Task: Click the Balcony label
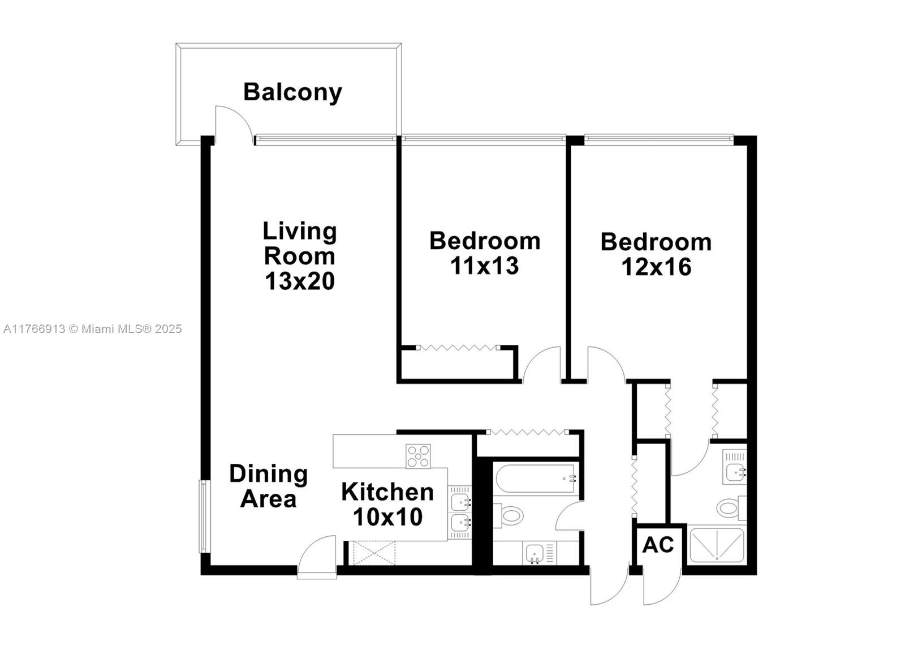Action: pos(292,92)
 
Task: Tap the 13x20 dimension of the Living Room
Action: pos(300,281)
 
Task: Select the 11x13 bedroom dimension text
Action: pos(485,266)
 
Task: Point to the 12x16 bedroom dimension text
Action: pos(656,267)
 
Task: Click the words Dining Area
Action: pos(268,486)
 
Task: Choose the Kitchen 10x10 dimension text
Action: pos(387,516)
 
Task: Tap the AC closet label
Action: pos(658,545)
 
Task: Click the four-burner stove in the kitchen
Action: pos(418,456)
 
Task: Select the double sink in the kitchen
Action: pos(460,512)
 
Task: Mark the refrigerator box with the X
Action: pos(374,553)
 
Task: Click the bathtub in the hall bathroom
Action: pos(536,478)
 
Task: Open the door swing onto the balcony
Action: pos(232,121)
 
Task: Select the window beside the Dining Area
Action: pos(203,516)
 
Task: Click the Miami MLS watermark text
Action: pos(93,329)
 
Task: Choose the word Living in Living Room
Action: pos(299,231)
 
